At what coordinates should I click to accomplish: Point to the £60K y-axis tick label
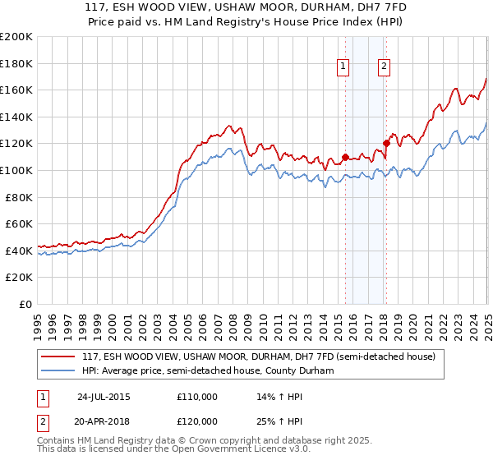[18, 223]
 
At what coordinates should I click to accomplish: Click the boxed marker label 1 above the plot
[343, 68]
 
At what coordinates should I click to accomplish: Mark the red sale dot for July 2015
[345, 156]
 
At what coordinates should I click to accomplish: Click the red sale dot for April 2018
[386, 143]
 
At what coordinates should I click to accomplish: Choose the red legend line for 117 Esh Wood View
[58, 356]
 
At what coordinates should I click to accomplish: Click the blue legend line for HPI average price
[58, 371]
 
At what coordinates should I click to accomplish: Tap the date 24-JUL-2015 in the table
[103, 397]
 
